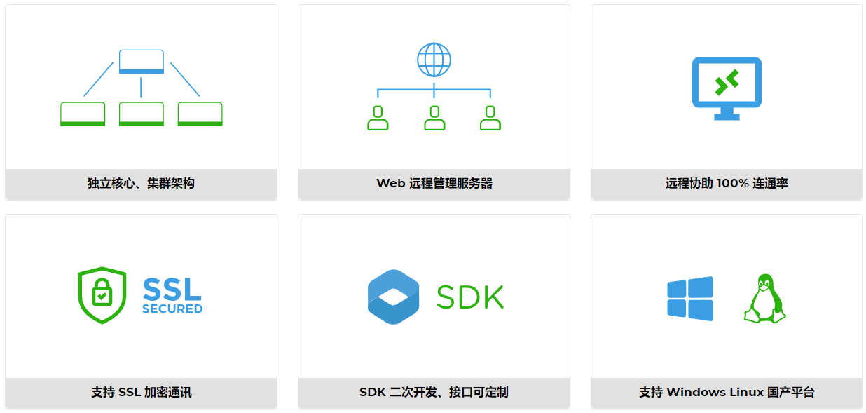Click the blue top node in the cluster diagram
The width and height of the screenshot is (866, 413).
142,62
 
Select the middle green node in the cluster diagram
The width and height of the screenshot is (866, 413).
142,114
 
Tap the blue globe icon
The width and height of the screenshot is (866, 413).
434,60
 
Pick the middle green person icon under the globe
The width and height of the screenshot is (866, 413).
434,119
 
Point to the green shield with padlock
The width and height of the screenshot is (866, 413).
102,295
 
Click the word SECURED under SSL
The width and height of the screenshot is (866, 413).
172,309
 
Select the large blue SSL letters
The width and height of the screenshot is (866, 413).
172,288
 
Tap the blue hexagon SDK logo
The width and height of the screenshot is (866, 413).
393,297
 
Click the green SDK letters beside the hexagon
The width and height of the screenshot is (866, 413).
470,297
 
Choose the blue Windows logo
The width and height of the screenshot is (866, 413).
690,299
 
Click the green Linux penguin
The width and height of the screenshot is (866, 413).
764,299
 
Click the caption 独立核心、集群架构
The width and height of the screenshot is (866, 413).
141,184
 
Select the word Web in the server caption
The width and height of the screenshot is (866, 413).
391,184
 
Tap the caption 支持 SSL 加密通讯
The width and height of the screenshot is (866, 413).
141,393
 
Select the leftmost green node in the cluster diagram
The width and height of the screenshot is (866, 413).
83,114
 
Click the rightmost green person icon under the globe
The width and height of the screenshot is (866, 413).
490,119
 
